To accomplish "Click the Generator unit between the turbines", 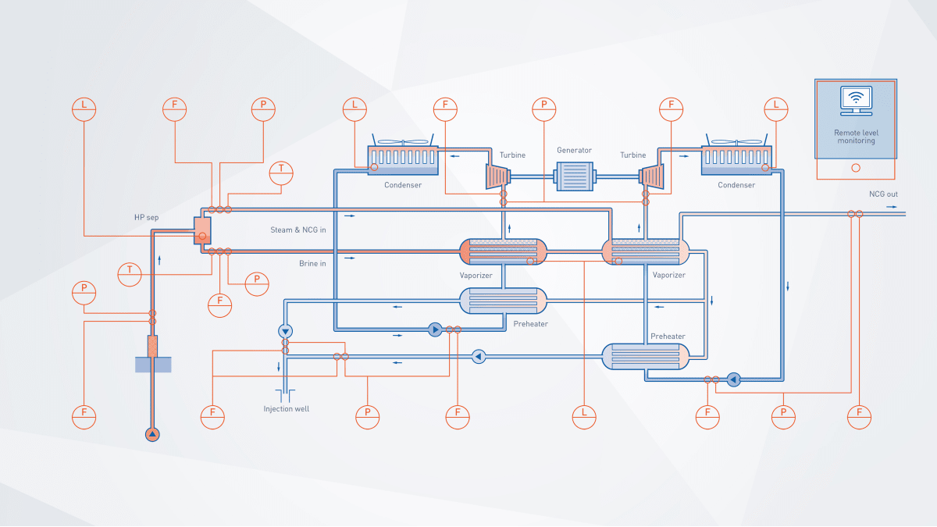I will (574, 176).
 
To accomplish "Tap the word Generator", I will (574, 150).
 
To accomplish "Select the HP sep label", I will (146, 217).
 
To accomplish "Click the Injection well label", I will (286, 408).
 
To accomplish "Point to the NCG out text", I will (883, 194).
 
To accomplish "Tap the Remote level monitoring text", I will (856, 137).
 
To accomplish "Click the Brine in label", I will (312, 263).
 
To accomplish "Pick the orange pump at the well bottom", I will (152, 434).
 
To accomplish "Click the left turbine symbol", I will (497, 176).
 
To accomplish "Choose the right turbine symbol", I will (651, 176).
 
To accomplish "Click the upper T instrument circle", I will (280, 173).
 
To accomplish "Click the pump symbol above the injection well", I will (285, 329).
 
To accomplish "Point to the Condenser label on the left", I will (403, 185).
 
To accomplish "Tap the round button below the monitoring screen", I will (855, 168).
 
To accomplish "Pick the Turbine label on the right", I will (633, 155).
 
